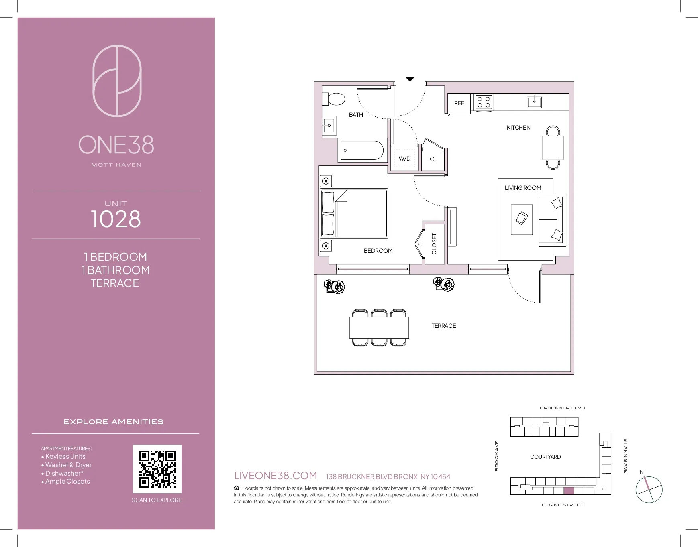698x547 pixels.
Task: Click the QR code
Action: tap(157, 468)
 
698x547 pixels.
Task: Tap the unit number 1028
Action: tap(116, 219)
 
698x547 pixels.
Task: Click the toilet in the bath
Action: tap(335, 99)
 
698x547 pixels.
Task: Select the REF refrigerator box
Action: tap(459, 103)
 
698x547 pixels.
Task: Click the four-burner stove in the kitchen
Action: tap(483, 102)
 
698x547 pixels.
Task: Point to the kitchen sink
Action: tap(534, 102)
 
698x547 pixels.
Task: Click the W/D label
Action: tap(404, 159)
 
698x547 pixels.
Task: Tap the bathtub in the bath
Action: tap(362, 150)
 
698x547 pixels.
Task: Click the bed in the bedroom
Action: tap(354, 214)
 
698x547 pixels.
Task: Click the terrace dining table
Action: tap(379, 327)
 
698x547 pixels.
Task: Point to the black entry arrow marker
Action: tap(410, 79)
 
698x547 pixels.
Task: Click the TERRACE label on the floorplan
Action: tap(443, 326)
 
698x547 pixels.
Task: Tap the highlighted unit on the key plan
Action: tap(569, 490)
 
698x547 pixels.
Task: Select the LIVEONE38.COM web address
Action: tap(276, 476)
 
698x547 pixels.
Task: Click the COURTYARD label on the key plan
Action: tap(545, 457)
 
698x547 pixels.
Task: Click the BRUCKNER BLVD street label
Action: tap(562, 408)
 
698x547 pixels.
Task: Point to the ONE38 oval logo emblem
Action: tap(117, 81)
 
